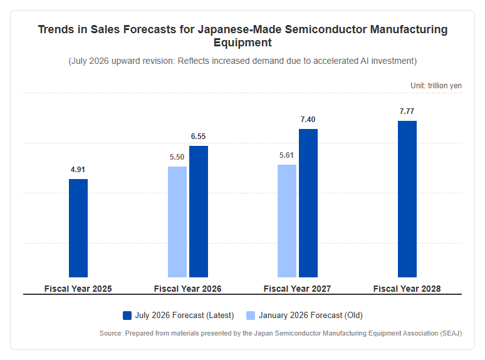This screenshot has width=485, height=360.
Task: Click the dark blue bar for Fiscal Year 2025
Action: point(78,228)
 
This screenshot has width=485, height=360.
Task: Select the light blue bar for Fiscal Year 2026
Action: point(177,222)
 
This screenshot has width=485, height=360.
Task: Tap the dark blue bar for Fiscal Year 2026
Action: point(199,212)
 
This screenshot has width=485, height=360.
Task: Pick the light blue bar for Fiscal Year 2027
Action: point(287,221)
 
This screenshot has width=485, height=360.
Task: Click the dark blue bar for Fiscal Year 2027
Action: point(308,203)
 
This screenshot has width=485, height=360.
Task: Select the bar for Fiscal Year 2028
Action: point(407,199)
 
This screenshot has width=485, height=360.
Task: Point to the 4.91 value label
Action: point(78,169)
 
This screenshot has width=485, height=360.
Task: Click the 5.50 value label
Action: point(177,157)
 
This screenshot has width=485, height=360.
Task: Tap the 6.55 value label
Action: point(198,136)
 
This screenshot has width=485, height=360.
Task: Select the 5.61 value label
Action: point(286,155)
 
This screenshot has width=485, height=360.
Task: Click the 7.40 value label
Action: point(308,120)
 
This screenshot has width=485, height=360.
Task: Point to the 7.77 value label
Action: point(407,111)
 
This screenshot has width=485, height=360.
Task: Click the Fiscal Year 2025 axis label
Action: point(78,289)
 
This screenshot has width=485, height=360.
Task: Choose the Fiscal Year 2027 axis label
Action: point(297,289)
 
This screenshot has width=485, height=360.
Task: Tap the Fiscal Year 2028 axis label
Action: point(407,289)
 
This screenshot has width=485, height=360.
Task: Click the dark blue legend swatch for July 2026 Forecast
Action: point(127,316)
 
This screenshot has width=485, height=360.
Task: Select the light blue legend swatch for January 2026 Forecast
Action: point(251,316)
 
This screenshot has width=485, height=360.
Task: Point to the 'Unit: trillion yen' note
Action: point(436,86)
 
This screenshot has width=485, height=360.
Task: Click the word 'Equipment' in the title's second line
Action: point(242,43)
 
